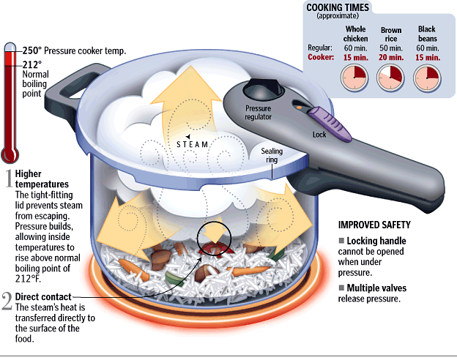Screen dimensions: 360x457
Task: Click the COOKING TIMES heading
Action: (x=337, y=7)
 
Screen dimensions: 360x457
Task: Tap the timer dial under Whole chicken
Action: (x=355, y=75)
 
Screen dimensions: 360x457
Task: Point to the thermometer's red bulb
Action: (x=10, y=154)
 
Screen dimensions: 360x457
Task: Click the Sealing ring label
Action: (x=272, y=157)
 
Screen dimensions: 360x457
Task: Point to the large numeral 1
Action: (x=7, y=178)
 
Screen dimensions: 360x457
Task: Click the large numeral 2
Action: (x=7, y=301)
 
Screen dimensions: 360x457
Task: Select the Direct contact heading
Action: (x=43, y=296)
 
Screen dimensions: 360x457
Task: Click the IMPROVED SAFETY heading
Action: (x=374, y=225)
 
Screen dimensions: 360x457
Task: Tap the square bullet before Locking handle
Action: (x=341, y=241)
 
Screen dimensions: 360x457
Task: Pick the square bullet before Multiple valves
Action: (x=341, y=287)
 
